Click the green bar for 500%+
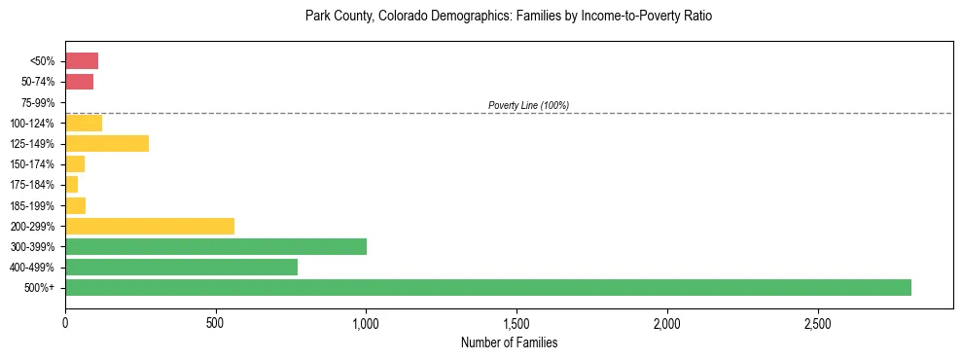(x=487, y=287)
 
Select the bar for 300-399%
(x=215, y=246)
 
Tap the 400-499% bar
(x=181, y=267)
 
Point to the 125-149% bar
(x=106, y=143)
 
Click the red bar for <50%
(x=82, y=61)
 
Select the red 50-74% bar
(x=79, y=82)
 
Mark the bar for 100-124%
(x=84, y=123)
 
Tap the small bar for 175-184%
(x=71, y=184)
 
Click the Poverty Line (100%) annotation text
(x=528, y=105)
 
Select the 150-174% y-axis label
(x=32, y=163)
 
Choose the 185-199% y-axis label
(x=32, y=205)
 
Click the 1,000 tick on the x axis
(x=366, y=323)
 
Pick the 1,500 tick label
(x=517, y=323)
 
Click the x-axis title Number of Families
(x=509, y=342)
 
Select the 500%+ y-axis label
(x=41, y=287)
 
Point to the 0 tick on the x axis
(x=65, y=323)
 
